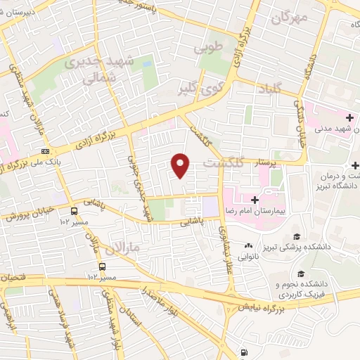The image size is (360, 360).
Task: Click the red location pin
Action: tap(181, 165)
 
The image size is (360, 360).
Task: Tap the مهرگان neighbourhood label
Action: tap(288, 19)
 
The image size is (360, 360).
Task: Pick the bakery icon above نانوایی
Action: tap(248, 246)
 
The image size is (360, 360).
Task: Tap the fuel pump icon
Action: tap(243, 352)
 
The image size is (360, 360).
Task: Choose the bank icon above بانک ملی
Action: tap(46, 150)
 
